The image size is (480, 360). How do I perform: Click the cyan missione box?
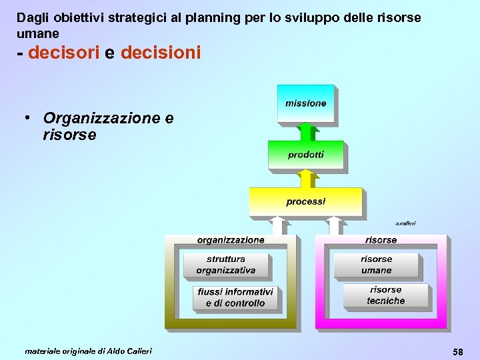pos(306,103)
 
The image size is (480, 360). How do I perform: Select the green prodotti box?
pos(306,154)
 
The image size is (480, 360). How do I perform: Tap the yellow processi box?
pos(306,201)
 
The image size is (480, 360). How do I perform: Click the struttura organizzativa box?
pos(226,265)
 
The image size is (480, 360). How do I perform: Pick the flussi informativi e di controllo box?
pos(235,297)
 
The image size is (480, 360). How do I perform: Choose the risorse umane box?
pos(377,265)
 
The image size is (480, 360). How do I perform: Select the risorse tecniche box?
pos(386,295)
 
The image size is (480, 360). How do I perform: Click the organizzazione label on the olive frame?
pos(231,240)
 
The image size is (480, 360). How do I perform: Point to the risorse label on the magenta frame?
pos(381,240)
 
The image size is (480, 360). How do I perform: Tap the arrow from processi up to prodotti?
pos(305,178)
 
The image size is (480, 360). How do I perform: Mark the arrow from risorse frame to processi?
pos(335,225)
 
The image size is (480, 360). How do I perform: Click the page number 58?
pos(458,351)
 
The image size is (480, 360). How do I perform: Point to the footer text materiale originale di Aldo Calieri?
pos(88,351)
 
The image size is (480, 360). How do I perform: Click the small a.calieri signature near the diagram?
pos(405,223)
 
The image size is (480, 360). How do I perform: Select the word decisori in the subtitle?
pos(64,53)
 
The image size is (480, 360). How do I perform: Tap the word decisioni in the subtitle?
pos(161,53)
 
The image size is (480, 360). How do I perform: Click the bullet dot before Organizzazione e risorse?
pos(29,117)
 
